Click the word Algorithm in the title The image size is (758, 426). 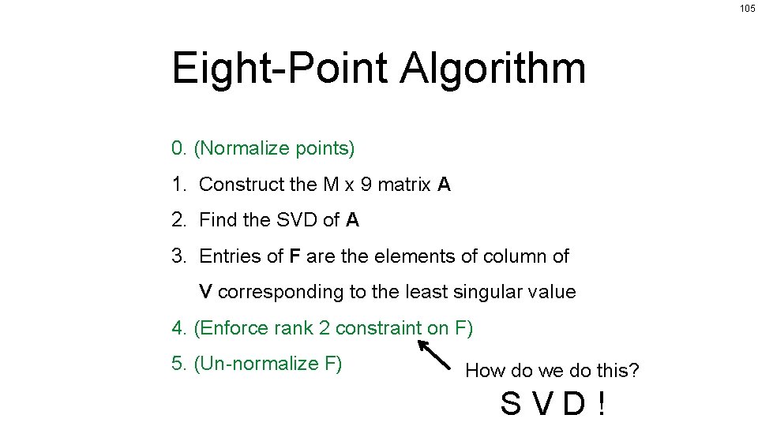click(x=493, y=69)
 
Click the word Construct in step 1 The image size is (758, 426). click(x=242, y=185)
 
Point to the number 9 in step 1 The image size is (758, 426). click(x=366, y=185)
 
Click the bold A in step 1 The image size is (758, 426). click(x=444, y=185)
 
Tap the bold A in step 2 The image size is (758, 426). click(x=352, y=220)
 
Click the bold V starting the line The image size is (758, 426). click(x=205, y=292)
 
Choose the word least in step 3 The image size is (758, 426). click(x=425, y=292)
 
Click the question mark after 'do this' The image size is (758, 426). click(x=634, y=370)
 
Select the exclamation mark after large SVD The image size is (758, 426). click(x=602, y=405)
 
